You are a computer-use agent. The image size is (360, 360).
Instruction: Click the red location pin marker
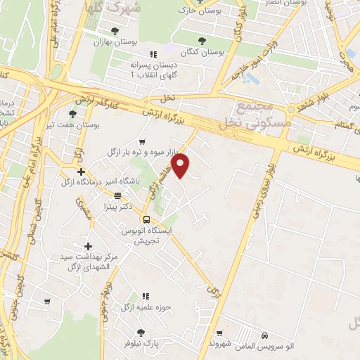[182, 166]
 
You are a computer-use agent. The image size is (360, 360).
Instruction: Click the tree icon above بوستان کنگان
[202, 41]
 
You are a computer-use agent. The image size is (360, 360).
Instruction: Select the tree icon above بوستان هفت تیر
[72, 113]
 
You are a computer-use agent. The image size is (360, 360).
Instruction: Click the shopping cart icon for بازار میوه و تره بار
[143, 141]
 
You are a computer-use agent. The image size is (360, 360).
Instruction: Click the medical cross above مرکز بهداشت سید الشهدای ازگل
[88, 246]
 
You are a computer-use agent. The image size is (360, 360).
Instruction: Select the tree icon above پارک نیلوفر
[141, 332]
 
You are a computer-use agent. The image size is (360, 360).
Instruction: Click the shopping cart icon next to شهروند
[220, 333]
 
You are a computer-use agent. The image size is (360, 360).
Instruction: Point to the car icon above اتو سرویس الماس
[265, 336]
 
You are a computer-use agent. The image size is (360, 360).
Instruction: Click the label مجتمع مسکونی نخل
[254, 115]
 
